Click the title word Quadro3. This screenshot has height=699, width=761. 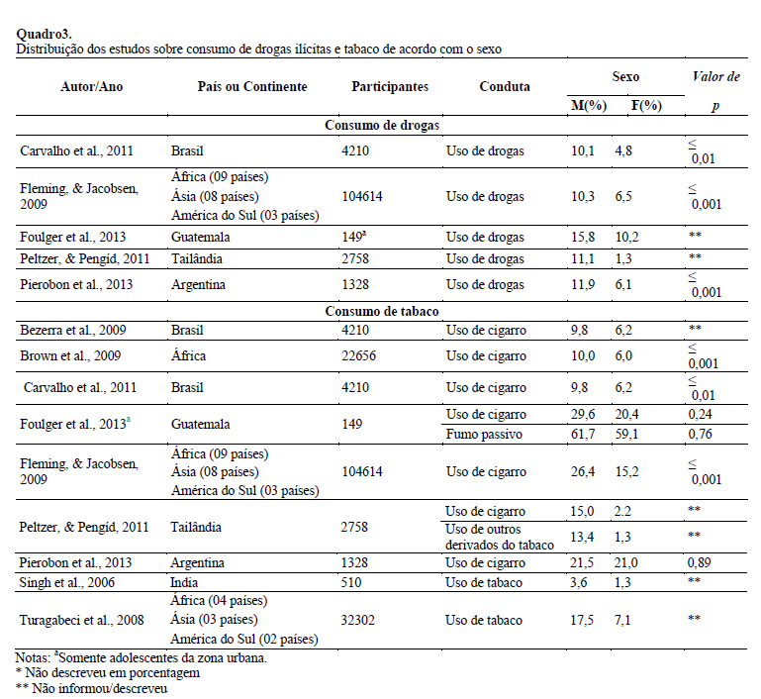point(44,35)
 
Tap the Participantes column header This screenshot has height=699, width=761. point(390,86)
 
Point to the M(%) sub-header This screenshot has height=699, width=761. point(589,104)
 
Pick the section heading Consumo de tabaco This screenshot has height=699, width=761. point(383,312)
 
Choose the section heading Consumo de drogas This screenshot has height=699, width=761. point(383,126)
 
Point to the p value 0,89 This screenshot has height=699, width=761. point(700,561)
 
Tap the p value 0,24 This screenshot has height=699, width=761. point(700,415)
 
